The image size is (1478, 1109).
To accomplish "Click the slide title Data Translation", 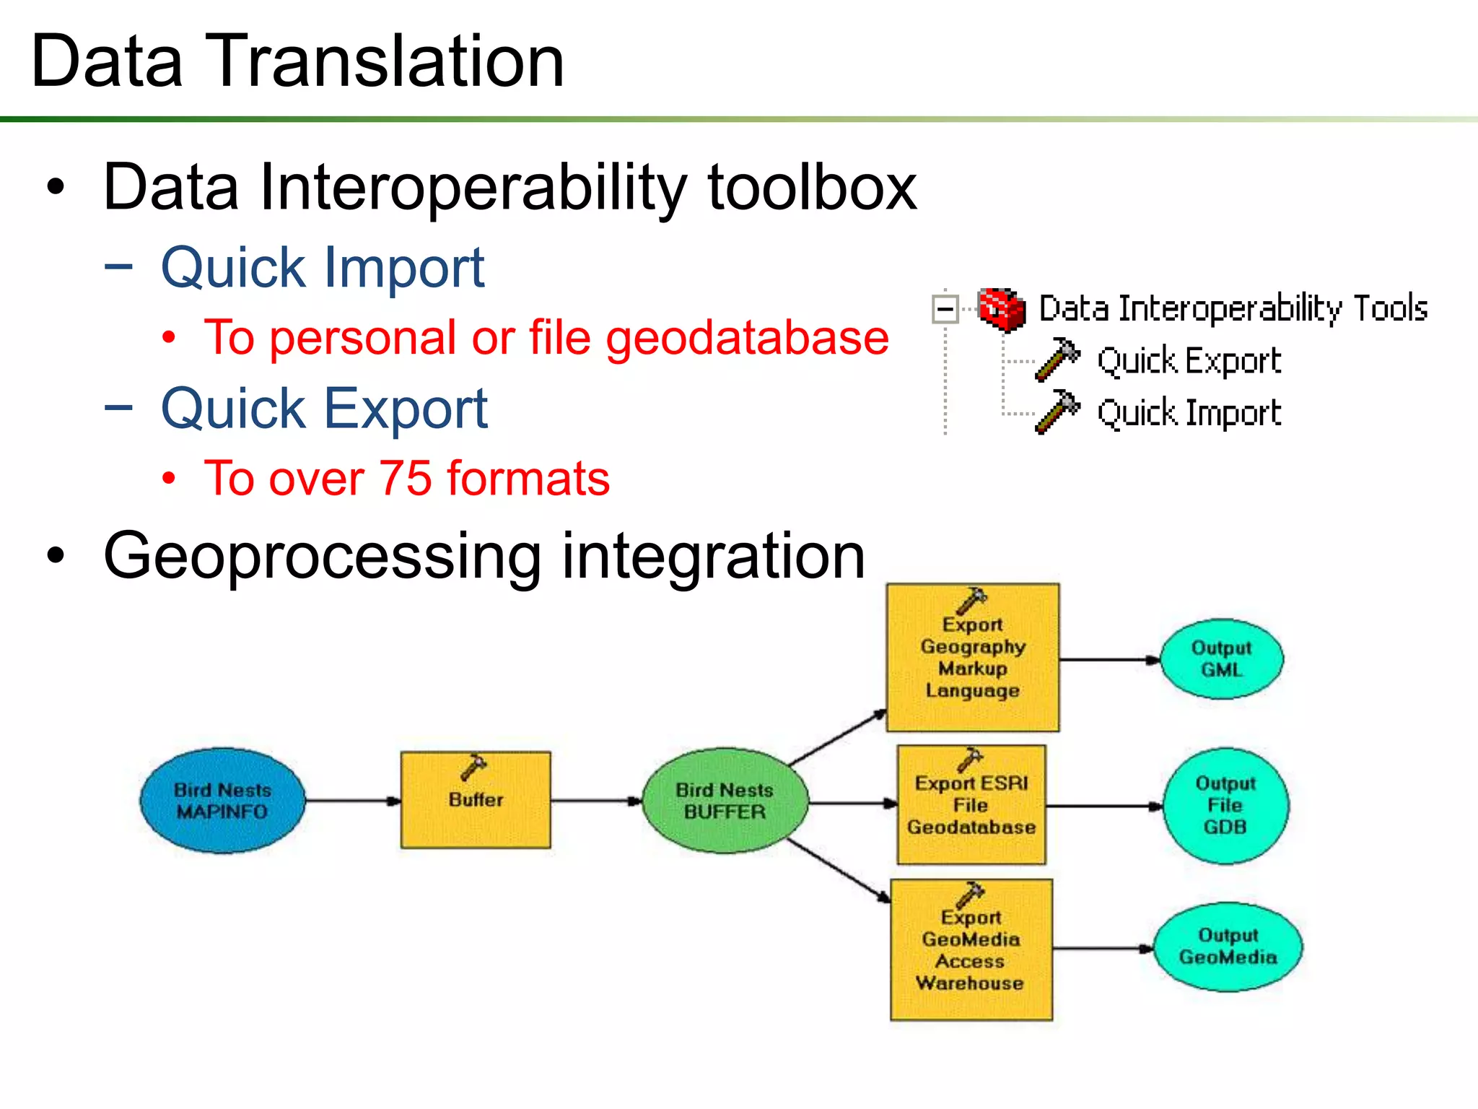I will [297, 62].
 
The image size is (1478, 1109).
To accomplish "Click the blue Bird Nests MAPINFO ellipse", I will [222, 801].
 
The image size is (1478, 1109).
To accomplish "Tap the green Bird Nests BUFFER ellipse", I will [725, 801].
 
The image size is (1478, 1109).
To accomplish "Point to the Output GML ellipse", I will [1221, 658].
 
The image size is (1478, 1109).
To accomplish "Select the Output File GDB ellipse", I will [1225, 805].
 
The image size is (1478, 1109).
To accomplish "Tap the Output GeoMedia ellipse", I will [1228, 947].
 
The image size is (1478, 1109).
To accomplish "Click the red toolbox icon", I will [1002, 309].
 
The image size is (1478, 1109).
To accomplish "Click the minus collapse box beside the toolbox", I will [945, 310].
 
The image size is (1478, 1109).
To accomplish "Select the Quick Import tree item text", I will [1189, 413].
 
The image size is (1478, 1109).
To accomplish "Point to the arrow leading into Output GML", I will [1109, 659].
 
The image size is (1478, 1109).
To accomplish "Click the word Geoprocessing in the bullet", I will [322, 557].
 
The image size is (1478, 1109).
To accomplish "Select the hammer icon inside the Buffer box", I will [473, 767].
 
